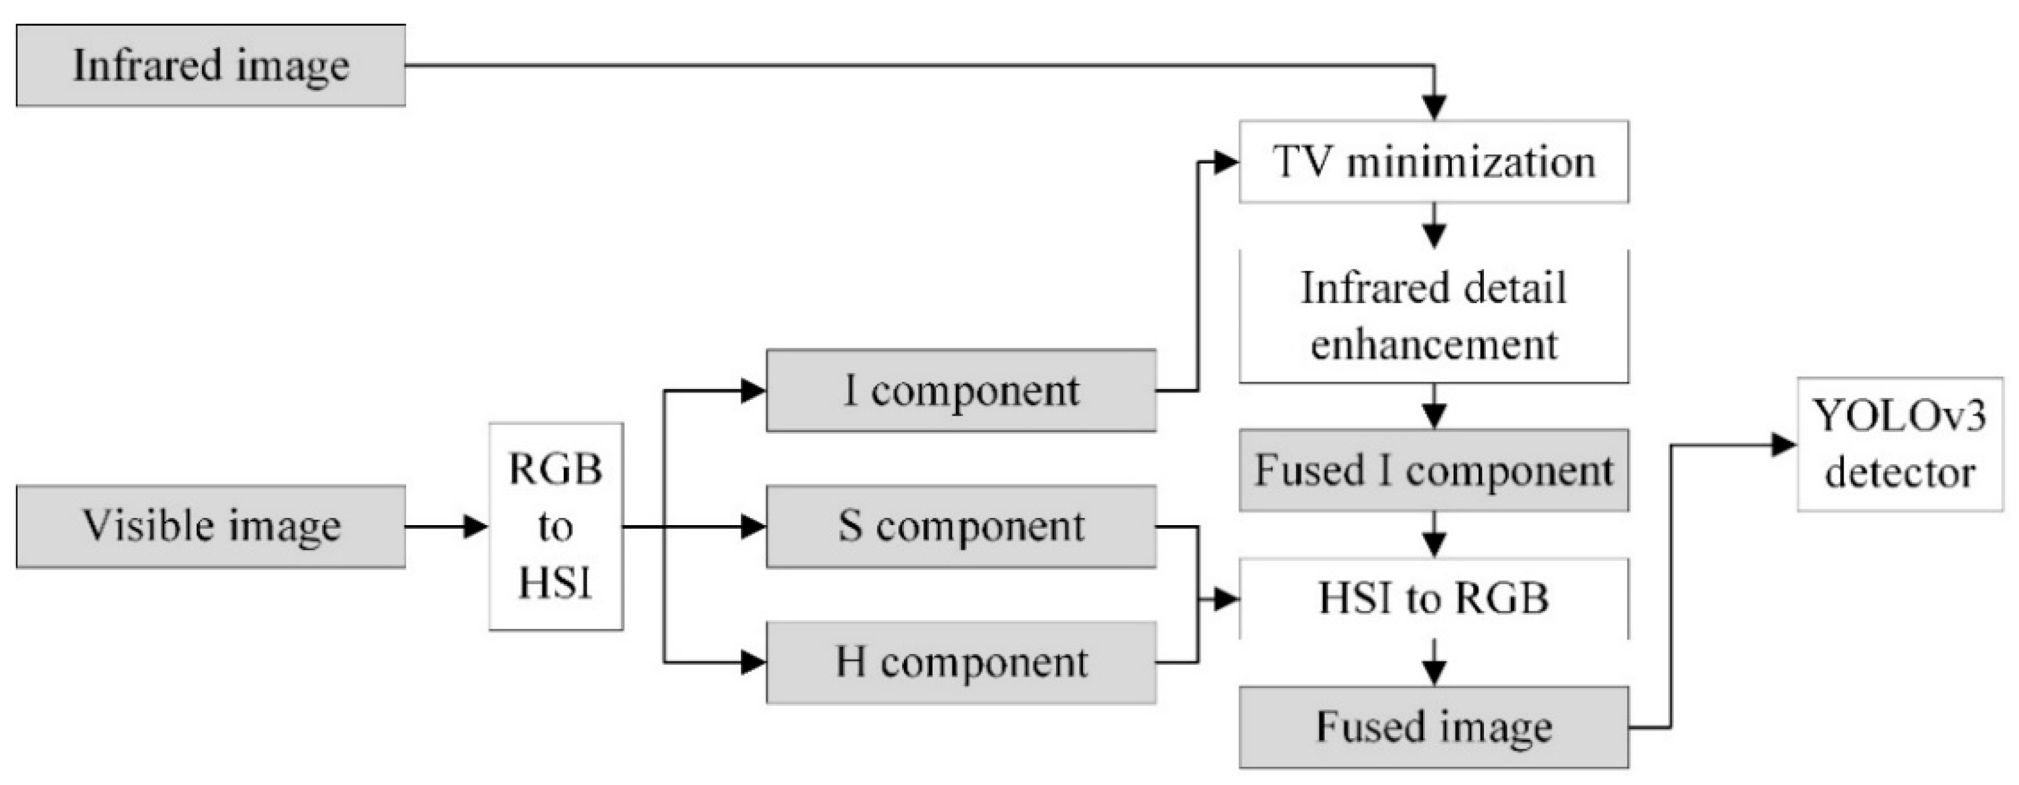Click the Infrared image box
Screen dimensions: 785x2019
click(210, 65)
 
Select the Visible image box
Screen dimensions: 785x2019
click(210, 526)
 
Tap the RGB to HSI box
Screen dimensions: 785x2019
click(556, 526)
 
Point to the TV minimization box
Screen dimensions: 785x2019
click(1433, 161)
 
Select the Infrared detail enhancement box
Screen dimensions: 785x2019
click(1433, 316)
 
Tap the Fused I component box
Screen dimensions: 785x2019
click(1433, 470)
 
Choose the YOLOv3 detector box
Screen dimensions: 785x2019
click(1900, 444)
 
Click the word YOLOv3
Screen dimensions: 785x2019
click(1900, 416)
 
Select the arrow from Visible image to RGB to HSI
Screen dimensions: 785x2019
click(447, 526)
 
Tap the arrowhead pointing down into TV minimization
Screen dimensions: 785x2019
click(1433, 107)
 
